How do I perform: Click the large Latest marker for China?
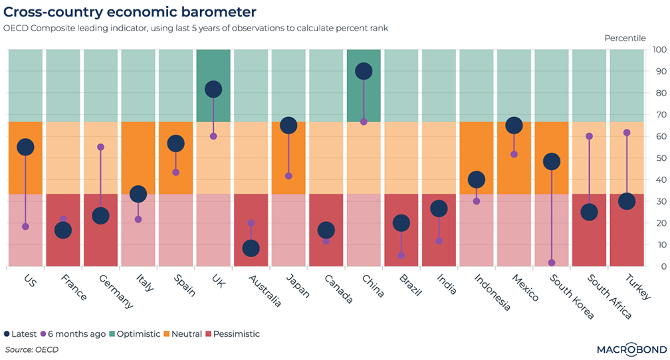(x=364, y=71)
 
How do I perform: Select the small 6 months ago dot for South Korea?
(x=552, y=263)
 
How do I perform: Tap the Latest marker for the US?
(x=25, y=147)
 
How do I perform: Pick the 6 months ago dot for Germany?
(x=101, y=147)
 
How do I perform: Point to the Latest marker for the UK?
(x=213, y=90)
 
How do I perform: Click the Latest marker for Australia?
(x=251, y=248)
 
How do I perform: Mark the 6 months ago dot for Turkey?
(x=627, y=133)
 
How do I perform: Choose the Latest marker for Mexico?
(x=514, y=126)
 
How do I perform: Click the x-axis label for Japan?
(x=298, y=287)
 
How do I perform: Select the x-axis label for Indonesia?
(x=492, y=292)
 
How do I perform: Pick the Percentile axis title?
(x=625, y=38)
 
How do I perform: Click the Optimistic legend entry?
(x=136, y=334)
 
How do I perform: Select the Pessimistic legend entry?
(x=233, y=334)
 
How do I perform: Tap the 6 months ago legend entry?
(x=74, y=334)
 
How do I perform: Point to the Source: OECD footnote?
(x=32, y=349)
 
